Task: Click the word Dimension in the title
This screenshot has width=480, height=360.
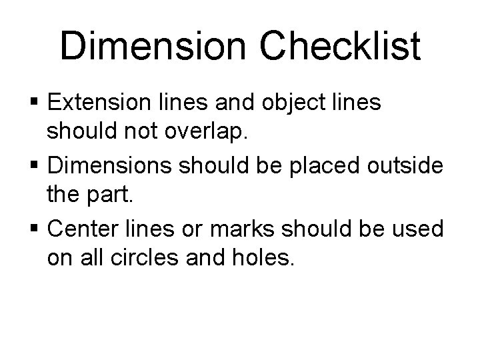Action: [x=154, y=47]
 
